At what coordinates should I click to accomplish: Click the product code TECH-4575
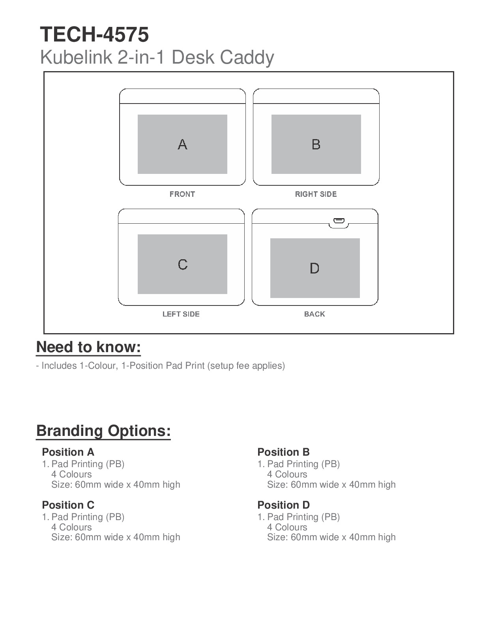tap(94, 34)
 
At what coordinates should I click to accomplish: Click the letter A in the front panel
tap(182, 144)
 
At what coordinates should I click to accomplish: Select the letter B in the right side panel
tap(316, 144)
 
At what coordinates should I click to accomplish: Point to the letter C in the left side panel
tap(183, 264)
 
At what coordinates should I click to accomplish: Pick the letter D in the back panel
tap(315, 268)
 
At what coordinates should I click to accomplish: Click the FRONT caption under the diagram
tap(182, 194)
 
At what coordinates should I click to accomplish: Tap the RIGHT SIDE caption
tap(316, 194)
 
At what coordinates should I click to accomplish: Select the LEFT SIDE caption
tap(181, 314)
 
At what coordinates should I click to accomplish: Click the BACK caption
tap(315, 314)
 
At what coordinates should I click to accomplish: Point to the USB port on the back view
tap(339, 221)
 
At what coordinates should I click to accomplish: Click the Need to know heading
tap(89, 347)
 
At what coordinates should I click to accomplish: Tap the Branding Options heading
tap(103, 431)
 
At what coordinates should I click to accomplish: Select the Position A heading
tap(68, 452)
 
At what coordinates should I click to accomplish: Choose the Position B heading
tap(283, 452)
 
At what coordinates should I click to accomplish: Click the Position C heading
tap(68, 505)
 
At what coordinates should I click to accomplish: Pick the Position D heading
tap(283, 505)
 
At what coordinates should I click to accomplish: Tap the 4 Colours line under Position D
tap(287, 527)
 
